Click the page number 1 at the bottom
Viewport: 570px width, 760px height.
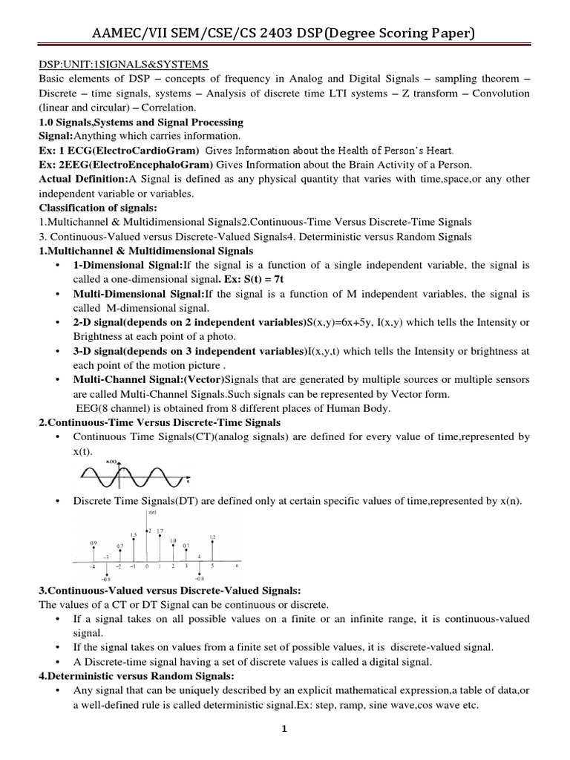tap(284, 729)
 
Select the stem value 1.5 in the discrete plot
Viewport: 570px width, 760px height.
tap(134, 534)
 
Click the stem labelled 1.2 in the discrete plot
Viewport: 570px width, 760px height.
tap(213, 537)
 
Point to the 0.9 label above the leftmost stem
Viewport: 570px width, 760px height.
tap(94, 543)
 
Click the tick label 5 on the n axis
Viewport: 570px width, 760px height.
tap(212, 566)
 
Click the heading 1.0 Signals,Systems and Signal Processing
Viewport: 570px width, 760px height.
tap(141, 122)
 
